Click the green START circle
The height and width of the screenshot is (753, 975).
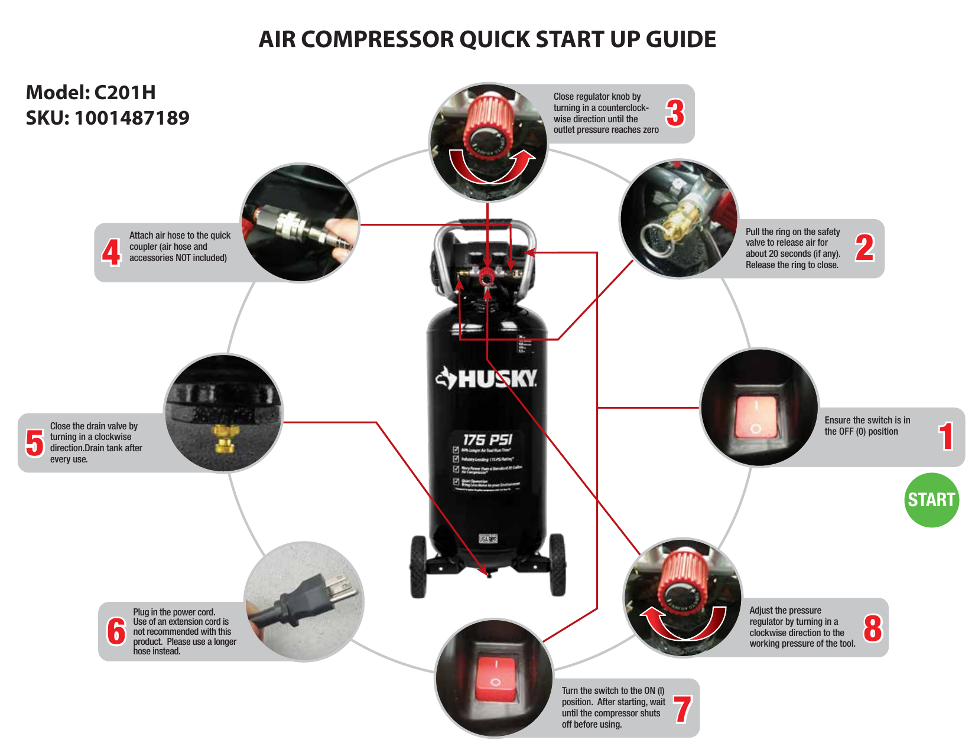(x=931, y=500)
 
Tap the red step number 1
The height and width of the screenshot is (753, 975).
(x=946, y=436)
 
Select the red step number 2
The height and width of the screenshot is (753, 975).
(x=864, y=248)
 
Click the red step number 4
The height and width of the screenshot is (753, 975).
(x=111, y=252)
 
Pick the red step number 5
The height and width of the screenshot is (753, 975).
(x=35, y=443)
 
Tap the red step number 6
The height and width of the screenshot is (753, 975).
(x=116, y=631)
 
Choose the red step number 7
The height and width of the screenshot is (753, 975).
(x=682, y=709)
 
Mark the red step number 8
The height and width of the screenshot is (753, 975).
(x=872, y=628)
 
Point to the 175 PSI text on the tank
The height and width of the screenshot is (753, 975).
(x=487, y=440)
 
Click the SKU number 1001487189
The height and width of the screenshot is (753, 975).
(x=132, y=118)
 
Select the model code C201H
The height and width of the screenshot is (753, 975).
(x=125, y=93)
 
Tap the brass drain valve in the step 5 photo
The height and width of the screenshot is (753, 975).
(x=223, y=438)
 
